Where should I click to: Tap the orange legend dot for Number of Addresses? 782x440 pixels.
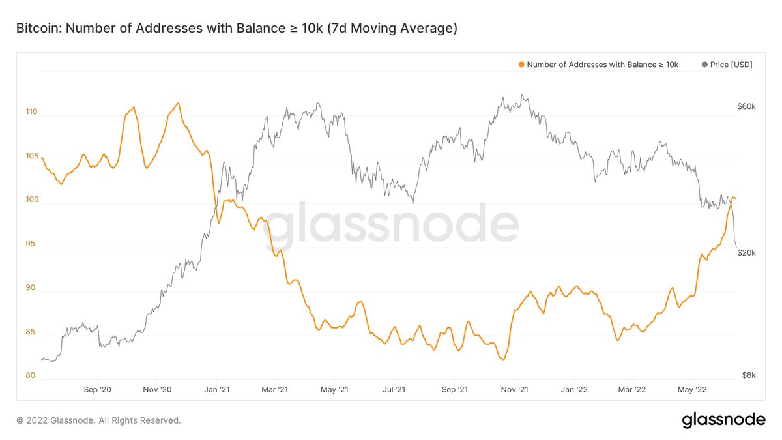point(521,65)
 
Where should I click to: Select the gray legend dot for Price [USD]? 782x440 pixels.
point(704,65)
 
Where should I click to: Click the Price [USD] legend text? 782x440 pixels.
point(732,65)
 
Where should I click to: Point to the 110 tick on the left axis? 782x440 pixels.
point(31,111)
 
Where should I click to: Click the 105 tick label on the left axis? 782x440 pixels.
point(31,156)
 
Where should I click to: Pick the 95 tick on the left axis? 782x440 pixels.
point(31,244)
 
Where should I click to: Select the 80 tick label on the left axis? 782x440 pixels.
point(31,375)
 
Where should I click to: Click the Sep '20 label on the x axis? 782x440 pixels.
point(98,389)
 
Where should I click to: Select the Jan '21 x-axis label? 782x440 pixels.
point(217,389)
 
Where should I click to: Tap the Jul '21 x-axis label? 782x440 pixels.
point(394,389)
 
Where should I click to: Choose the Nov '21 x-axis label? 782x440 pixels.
point(515,389)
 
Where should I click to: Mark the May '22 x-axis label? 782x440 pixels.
point(692,389)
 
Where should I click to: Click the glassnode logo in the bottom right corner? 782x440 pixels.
point(723,420)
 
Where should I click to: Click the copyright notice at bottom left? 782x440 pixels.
point(98,420)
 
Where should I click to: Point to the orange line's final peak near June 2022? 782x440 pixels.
point(733,197)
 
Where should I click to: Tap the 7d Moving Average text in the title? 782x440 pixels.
point(391,28)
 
